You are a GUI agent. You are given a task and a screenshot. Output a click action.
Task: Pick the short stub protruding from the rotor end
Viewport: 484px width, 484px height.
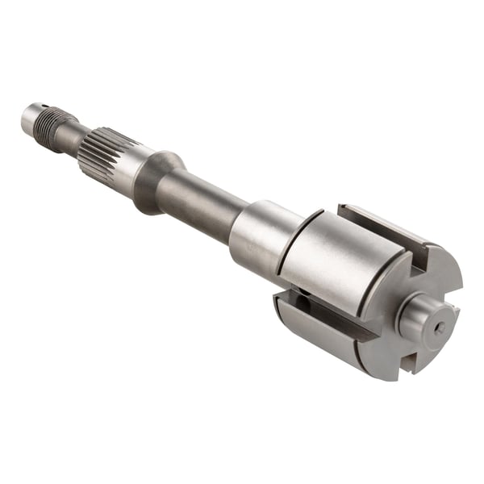point(419,319)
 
